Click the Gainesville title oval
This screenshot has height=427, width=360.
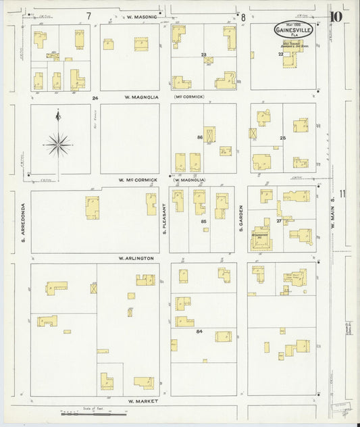pos(293,30)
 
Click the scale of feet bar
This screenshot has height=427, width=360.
pos(86,411)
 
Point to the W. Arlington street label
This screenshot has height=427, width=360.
pos(137,258)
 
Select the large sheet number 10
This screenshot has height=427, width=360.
pos(336,16)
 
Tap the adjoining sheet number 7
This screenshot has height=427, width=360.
pos(88,15)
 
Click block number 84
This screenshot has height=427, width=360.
pos(199,332)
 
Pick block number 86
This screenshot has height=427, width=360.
pos(200,137)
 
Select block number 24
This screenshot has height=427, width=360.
pos(95,98)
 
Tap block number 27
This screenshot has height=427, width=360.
pos(279,220)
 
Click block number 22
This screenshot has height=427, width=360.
pos(280,54)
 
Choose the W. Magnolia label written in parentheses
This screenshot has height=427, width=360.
pos(190,180)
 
